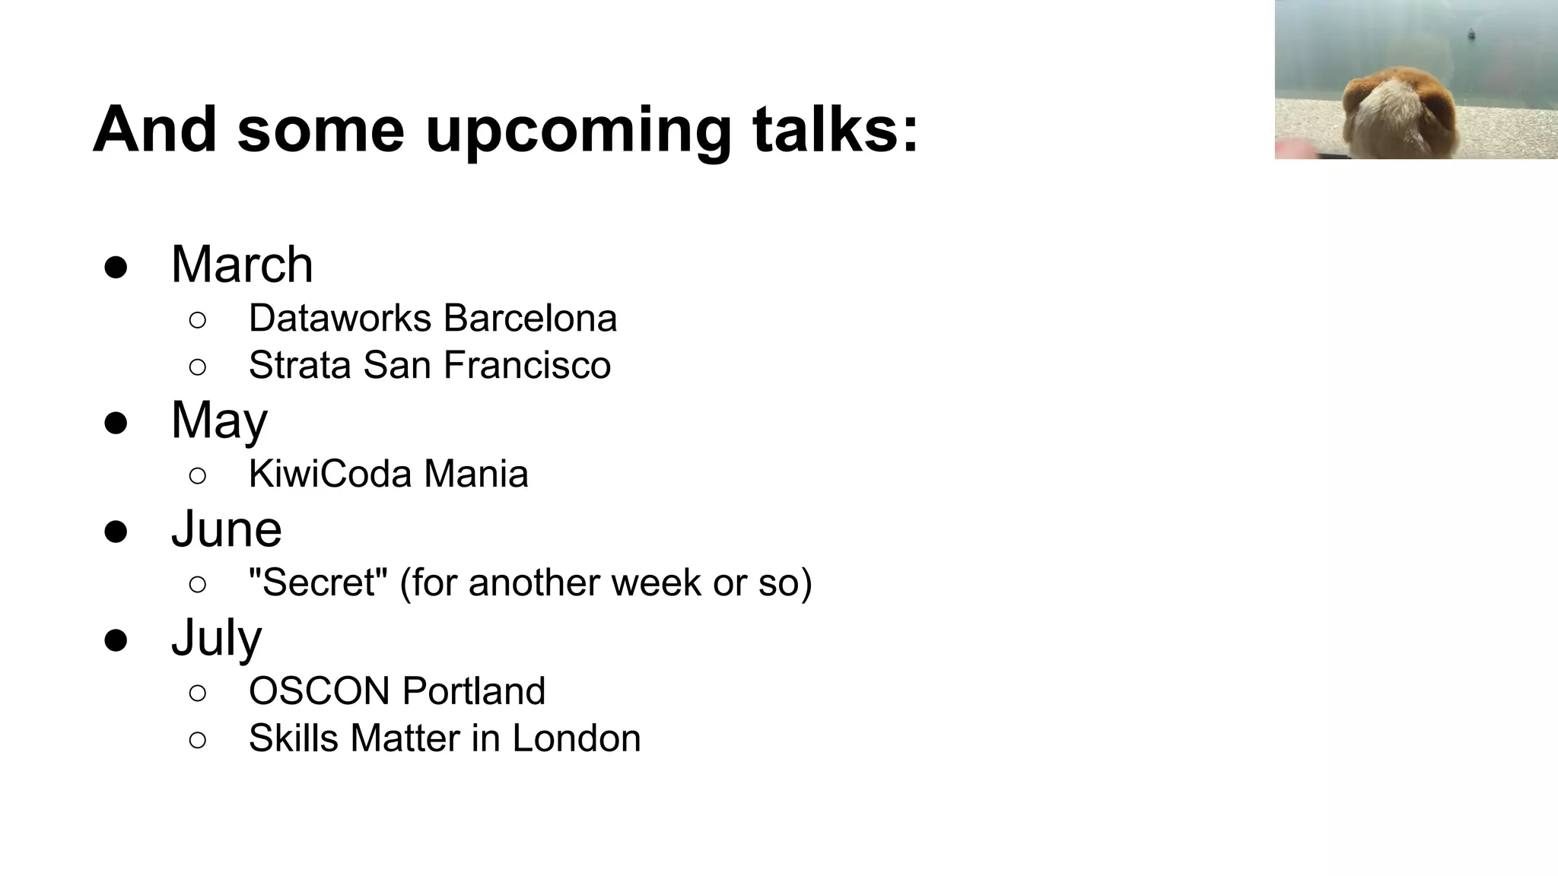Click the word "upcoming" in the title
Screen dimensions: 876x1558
[x=578, y=131]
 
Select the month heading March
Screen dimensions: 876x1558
[x=242, y=265]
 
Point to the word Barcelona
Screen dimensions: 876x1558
[x=530, y=318]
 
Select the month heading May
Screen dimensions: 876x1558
[x=219, y=421]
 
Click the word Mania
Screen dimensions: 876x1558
[x=475, y=474]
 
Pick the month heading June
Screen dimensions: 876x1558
[x=226, y=528]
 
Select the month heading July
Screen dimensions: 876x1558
[x=216, y=637]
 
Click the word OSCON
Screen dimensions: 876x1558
[x=319, y=691]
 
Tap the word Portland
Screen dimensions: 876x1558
[x=473, y=691]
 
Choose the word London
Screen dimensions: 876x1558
[x=576, y=738]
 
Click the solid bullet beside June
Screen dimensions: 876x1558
[x=116, y=531]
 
